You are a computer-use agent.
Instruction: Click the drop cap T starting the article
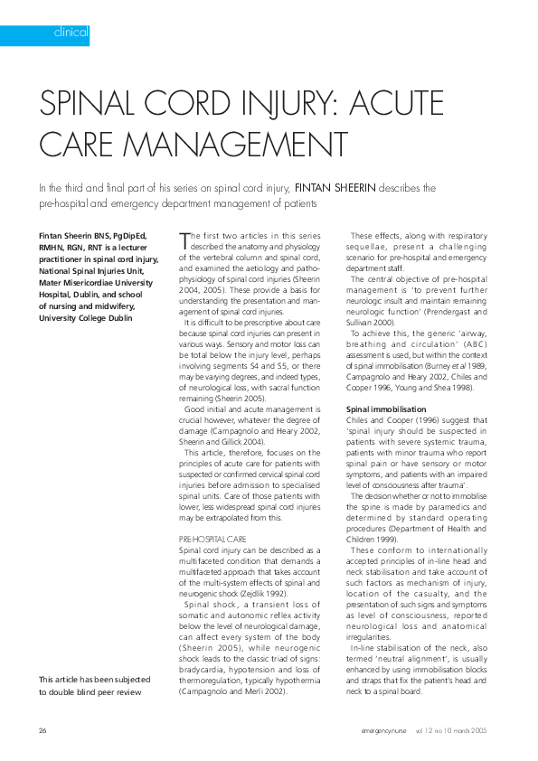(x=184, y=239)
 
